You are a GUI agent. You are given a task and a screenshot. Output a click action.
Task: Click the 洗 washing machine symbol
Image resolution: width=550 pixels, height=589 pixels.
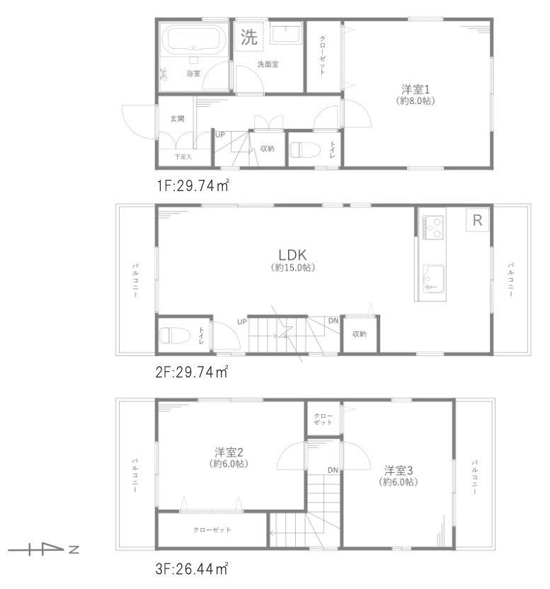248,38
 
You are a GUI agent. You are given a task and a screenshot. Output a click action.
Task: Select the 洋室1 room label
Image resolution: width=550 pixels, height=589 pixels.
416,89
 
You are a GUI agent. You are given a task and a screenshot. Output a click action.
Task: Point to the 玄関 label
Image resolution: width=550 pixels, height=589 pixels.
177,119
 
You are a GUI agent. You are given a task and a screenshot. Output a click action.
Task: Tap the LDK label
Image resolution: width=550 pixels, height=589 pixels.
292,254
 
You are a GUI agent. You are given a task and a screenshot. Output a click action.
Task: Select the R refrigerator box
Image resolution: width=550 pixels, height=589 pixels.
477,220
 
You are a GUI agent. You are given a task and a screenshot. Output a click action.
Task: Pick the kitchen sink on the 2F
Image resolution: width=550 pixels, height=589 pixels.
432,278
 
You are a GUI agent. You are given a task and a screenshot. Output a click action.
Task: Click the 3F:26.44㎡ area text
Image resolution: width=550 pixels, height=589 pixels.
193,568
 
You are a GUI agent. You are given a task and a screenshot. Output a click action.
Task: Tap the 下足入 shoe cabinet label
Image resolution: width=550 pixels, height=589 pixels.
183,156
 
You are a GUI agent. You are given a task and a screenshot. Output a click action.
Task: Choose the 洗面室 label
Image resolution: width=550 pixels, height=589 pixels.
268,64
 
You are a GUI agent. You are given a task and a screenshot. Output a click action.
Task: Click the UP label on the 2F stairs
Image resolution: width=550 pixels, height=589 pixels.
242,321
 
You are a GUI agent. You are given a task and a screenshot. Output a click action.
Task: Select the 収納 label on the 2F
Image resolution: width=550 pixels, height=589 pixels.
359,333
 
